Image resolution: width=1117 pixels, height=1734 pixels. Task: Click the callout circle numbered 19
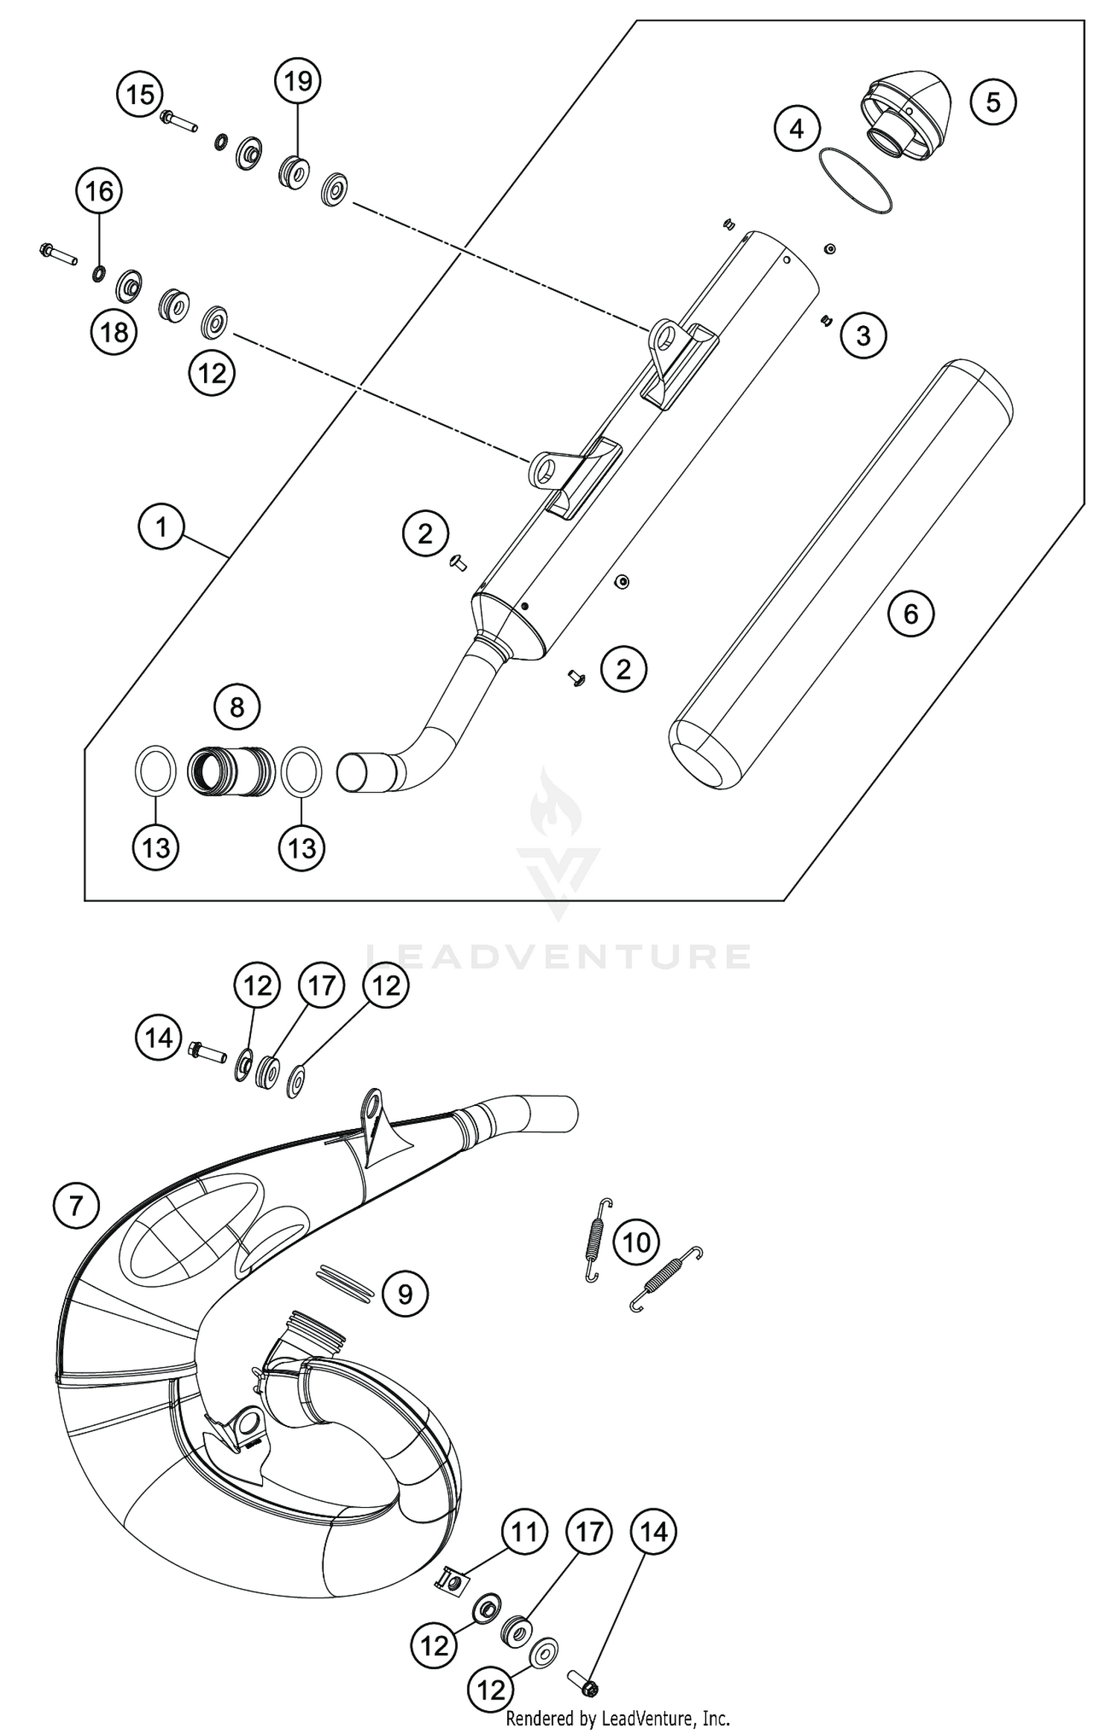coord(298,80)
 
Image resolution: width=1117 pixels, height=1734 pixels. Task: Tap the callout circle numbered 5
coord(993,102)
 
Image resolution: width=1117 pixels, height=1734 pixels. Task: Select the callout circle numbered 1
coord(161,528)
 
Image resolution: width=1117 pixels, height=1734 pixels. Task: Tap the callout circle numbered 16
coord(99,192)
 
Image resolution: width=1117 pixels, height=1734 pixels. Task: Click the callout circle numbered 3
coord(863,335)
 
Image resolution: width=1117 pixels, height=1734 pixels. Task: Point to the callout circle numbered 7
coord(76,1205)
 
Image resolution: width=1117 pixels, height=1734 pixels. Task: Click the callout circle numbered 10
coord(636,1242)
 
